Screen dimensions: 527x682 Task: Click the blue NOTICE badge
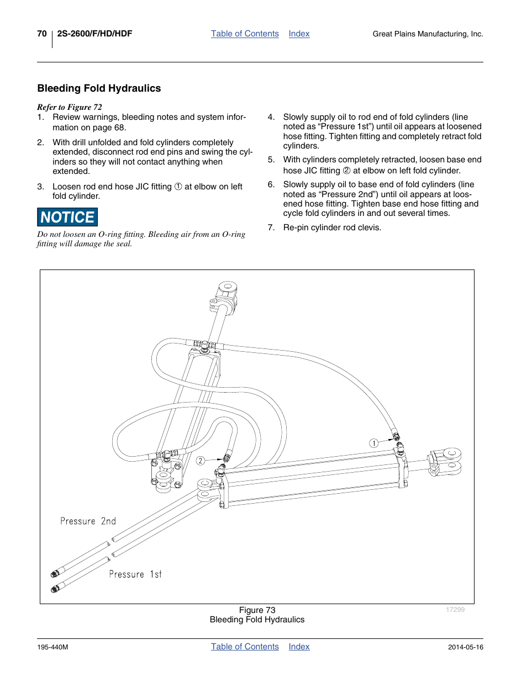(67, 217)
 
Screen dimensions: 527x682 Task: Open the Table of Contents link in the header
(245, 34)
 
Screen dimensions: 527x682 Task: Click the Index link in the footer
(299, 647)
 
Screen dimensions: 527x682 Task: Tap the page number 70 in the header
(42, 34)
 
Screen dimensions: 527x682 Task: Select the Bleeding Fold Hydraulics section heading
(99, 88)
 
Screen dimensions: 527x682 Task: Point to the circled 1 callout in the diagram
(373, 443)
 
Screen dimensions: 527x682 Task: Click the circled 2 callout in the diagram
(201, 461)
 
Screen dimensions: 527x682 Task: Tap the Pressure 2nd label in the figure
(88, 521)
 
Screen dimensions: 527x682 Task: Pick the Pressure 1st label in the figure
(135, 574)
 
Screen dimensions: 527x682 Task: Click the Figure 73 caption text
(257, 610)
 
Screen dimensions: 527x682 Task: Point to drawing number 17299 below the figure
(455, 610)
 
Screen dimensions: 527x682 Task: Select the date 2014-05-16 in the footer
(466, 647)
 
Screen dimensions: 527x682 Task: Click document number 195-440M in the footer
(52, 647)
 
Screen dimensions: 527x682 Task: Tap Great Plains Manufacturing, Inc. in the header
(428, 34)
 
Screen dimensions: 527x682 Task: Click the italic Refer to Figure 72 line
(70, 107)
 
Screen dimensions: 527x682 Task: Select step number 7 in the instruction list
(271, 228)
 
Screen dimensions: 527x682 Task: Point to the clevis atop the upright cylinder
(224, 296)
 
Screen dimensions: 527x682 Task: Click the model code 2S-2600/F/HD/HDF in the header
(94, 34)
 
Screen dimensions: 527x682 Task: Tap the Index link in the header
(299, 34)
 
